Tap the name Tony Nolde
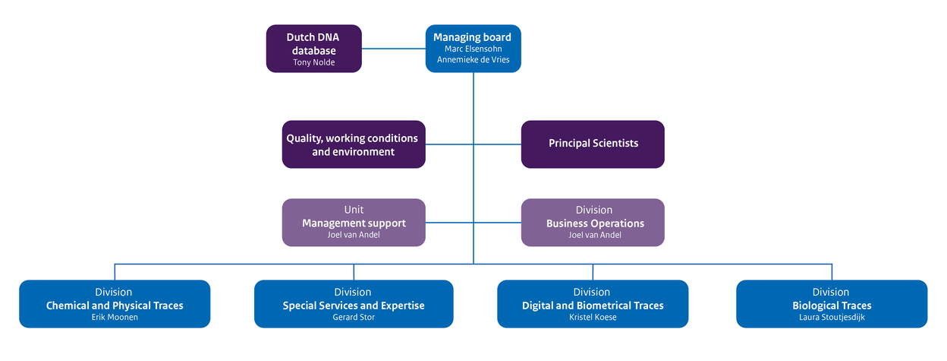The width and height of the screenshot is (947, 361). [313, 62]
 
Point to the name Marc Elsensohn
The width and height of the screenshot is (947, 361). [473, 49]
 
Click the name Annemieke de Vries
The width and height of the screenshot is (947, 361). [473, 60]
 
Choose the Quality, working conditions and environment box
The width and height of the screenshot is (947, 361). [353, 144]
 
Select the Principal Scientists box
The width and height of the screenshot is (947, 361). [593, 144]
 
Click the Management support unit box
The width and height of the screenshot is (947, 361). [353, 223]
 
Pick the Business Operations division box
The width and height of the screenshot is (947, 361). [593, 223]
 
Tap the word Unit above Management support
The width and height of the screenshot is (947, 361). [354, 210]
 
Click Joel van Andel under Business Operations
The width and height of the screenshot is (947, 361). [594, 236]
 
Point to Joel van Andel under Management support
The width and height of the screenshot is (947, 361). [354, 236]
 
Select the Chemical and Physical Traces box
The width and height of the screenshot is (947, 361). [115, 305]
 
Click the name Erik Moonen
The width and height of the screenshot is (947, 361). [115, 318]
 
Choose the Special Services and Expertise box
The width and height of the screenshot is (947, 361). [354, 305]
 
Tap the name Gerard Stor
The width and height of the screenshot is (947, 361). [354, 318]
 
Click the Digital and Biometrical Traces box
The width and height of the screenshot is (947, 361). [593, 305]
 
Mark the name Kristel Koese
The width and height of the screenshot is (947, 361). [592, 318]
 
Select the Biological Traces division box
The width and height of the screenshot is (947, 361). [831, 305]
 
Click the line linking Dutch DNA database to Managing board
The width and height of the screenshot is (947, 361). [393, 49]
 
